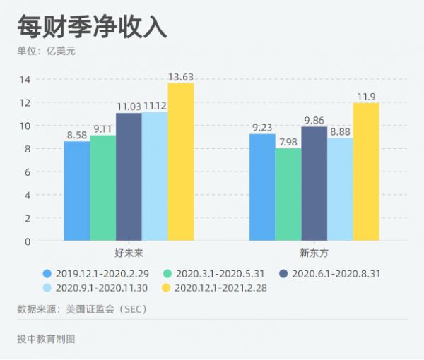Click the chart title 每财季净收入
92,26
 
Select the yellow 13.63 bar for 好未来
180,162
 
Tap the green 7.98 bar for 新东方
288,195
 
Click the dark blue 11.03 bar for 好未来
129,177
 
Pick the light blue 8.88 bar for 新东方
340,190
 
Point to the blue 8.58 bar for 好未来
77,191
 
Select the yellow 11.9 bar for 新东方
366,172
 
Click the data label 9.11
102,128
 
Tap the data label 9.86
314,120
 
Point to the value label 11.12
155,106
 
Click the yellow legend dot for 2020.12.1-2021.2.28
167,287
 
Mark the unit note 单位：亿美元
47,52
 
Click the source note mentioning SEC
81,309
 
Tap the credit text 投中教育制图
46,339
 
